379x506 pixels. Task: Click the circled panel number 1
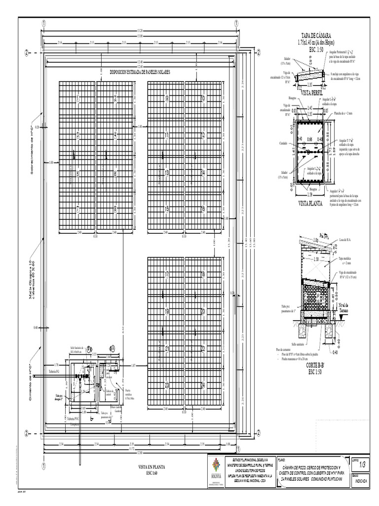click(78, 99)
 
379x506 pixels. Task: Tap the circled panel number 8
click(115, 210)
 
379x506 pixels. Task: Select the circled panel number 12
click(203, 135)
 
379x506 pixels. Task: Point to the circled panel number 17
click(167, 274)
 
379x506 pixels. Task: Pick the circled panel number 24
click(203, 385)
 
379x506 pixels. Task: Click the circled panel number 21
click(167, 349)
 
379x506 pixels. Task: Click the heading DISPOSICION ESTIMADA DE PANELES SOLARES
click(140, 72)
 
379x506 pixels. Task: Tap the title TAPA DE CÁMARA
click(315, 35)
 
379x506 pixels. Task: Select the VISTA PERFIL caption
click(311, 93)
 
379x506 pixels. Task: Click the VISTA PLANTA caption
click(311, 203)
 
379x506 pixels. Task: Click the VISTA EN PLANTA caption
click(151, 466)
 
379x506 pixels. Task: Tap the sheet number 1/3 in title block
click(363, 464)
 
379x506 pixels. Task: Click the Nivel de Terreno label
click(344, 308)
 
